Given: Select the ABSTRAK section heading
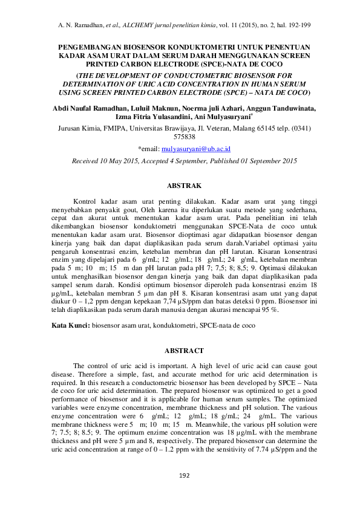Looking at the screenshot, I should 180,185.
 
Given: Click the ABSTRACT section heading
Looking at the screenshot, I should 180,351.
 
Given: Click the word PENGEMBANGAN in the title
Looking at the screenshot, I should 92,46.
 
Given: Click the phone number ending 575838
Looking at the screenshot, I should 180,137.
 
